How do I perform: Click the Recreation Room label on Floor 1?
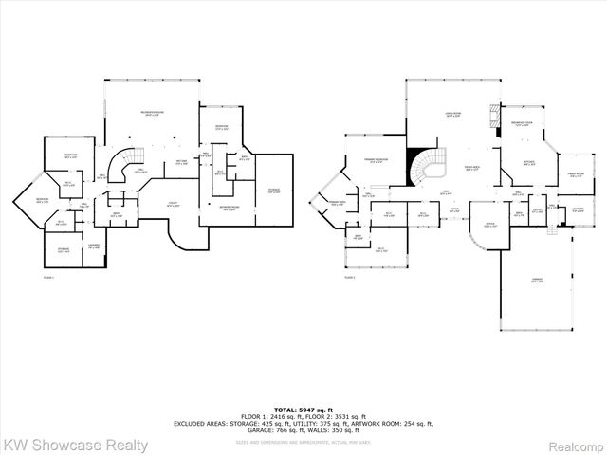tap(153, 113)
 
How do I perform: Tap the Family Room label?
tap(575, 175)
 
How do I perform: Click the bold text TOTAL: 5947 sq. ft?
tap(303, 405)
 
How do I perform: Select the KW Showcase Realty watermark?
tap(76, 444)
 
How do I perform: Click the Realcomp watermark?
tap(572, 444)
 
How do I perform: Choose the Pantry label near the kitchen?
tap(537, 211)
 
